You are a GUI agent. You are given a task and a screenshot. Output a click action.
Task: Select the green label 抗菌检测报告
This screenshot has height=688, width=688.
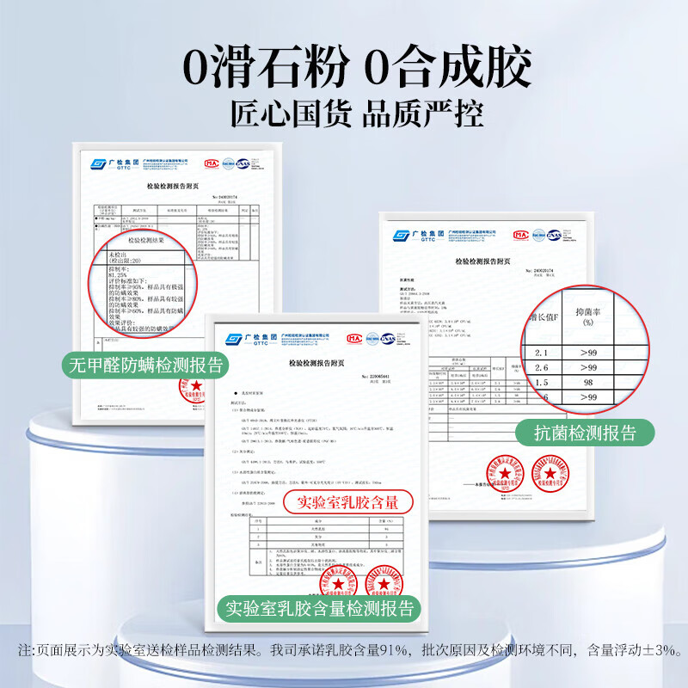pos(587,433)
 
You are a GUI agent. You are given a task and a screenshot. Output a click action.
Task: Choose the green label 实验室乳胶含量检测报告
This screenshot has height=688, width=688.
pos(319,609)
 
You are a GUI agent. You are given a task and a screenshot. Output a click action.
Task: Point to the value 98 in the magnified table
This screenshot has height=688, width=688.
pos(588,382)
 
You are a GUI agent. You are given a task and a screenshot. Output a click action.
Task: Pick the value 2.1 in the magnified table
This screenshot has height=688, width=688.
pos(541,353)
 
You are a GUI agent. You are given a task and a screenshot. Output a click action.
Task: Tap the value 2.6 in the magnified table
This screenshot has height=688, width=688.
pos(541,367)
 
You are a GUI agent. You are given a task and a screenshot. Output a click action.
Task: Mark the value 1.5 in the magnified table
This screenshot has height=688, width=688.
pos(541,382)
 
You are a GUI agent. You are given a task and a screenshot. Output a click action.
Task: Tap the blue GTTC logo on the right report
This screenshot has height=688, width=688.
pos(414,235)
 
